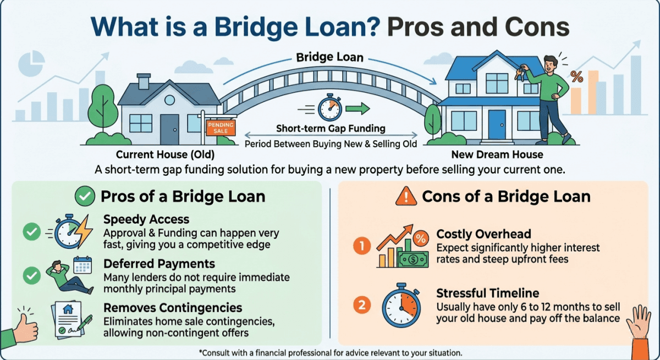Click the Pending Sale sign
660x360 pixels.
(220, 128)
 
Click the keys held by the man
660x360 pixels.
(519, 74)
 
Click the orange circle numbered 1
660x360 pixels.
(361, 246)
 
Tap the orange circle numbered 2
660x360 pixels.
(361, 304)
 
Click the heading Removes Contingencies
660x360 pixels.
(173, 307)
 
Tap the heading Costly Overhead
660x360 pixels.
(484, 234)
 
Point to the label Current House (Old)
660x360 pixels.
(165, 154)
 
